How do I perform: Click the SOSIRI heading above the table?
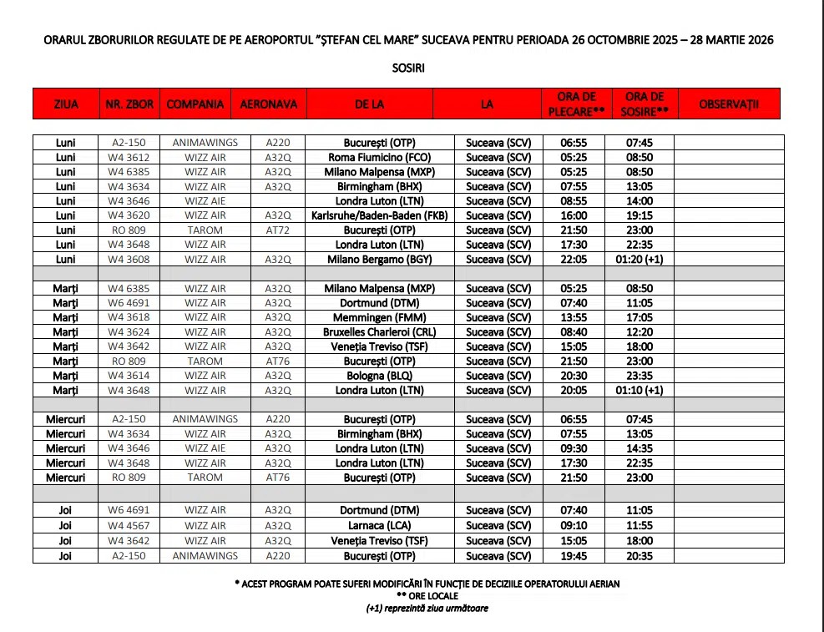tap(408, 68)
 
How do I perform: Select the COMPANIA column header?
tap(195, 104)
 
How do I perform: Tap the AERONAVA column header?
tap(268, 104)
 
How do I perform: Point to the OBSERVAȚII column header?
tap(728, 104)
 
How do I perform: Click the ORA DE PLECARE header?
tap(575, 104)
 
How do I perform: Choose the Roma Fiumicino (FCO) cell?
tap(379, 157)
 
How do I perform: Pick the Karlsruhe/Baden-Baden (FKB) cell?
tap(379, 215)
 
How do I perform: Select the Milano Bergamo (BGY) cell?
tap(379, 260)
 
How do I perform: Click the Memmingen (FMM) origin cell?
tap(379, 317)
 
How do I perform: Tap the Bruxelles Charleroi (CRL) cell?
tap(379, 332)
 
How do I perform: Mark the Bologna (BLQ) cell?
tap(379, 376)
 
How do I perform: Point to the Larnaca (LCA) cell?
tap(379, 526)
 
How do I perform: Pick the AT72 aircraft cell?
tap(278, 230)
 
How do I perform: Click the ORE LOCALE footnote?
tap(427, 596)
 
